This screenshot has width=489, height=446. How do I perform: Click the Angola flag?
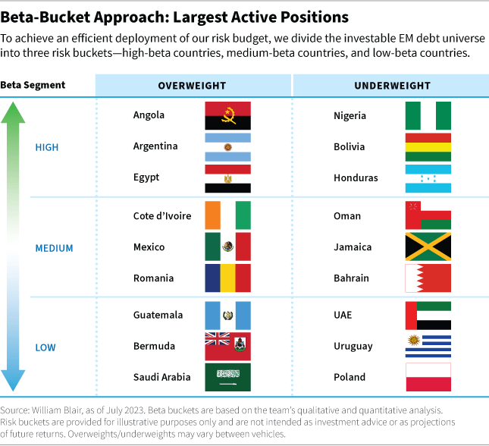coord(228,115)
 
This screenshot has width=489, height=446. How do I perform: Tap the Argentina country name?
coord(155,146)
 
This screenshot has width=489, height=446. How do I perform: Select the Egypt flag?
coord(228,177)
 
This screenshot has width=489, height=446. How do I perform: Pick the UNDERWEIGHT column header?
coord(390,85)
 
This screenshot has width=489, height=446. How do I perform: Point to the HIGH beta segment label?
coord(47,147)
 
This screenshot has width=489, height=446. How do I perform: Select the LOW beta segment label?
coord(45,347)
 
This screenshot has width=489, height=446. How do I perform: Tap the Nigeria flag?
coord(428,115)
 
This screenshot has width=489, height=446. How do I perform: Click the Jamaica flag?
coord(428,247)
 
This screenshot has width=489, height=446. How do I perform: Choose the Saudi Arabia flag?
coord(228,377)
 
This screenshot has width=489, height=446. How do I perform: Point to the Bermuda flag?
coord(228,346)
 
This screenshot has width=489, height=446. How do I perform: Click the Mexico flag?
coord(228,247)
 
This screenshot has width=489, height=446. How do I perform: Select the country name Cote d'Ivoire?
coord(162,216)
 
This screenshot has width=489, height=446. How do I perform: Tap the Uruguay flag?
coord(428,346)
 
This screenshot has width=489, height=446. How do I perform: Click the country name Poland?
coord(350,377)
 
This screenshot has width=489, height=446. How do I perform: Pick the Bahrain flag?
coord(428,278)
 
